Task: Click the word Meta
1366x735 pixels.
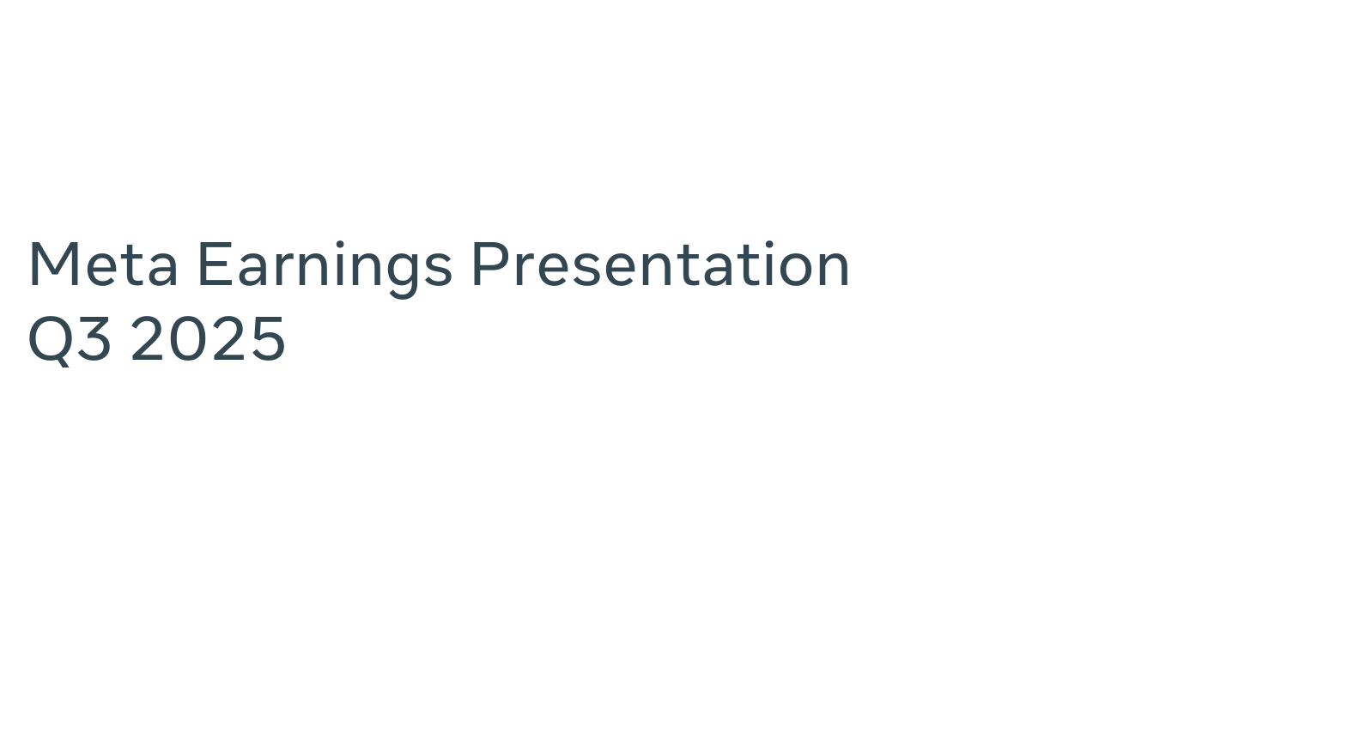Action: click(x=103, y=264)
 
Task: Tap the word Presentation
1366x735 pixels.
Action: click(x=660, y=264)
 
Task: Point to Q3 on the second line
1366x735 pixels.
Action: click(x=70, y=340)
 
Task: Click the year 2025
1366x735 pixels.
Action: click(x=208, y=338)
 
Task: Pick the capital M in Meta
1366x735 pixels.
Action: click(x=54, y=264)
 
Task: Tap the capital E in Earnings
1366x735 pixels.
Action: click(x=216, y=264)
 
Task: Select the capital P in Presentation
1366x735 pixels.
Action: click(x=491, y=264)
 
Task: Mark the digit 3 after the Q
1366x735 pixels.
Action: click(x=94, y=338)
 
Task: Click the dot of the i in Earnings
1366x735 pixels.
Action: click(x=340, y=246)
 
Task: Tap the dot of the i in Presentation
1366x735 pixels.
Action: click(x=768, y=246)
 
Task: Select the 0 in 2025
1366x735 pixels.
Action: click(x=186, y=338)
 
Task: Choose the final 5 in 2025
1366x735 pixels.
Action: click(x=269, y=339)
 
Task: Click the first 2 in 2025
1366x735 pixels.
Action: click(x=148, y=338)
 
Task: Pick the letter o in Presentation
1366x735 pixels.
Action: click(x=796, y=270)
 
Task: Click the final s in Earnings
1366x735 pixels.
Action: click(x=439, y=270)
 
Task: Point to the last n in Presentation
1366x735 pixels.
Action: click(x=835, y=270)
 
